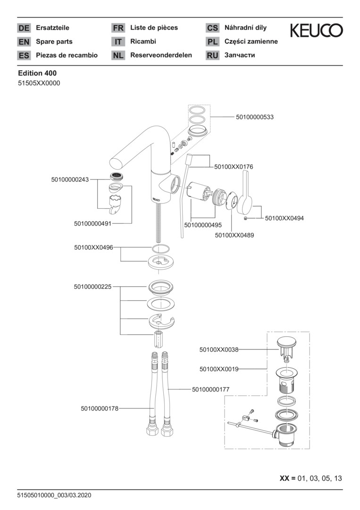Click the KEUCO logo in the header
[x=316, y=31]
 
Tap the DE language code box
[x=24, y=28]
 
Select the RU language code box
[x=212, y=56]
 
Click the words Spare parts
[x=54, y=42]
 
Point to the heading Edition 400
[x=37, y=73]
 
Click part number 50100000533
[x=255, y=117]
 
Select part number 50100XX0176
[x=234, y=167]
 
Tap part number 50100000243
[x=70, y=179]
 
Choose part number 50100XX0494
[x=285, y=218]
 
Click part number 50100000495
[x=203, y=225]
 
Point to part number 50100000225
[x=92, y=287]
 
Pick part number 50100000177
[x=211, y=389]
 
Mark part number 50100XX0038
[x=219, y=349]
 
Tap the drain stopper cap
[x=286, y=342]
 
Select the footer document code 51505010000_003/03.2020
[x=54, y=495]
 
